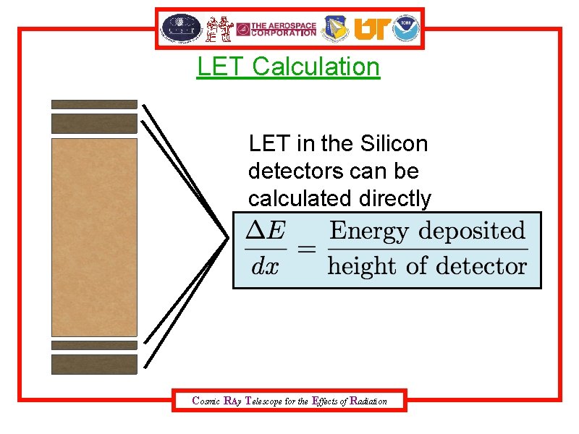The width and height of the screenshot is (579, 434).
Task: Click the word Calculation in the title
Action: pos(316,67)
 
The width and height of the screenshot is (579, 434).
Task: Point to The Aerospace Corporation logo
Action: pos(276,29)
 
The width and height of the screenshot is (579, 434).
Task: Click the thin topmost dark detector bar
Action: pos(94,104)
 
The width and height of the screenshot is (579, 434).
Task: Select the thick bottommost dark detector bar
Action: pos(94,364)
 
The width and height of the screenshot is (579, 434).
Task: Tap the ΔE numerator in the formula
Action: pos(266,231)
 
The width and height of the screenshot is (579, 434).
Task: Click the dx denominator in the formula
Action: pos(265,266)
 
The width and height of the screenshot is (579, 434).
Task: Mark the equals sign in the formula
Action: pos(307,250)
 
